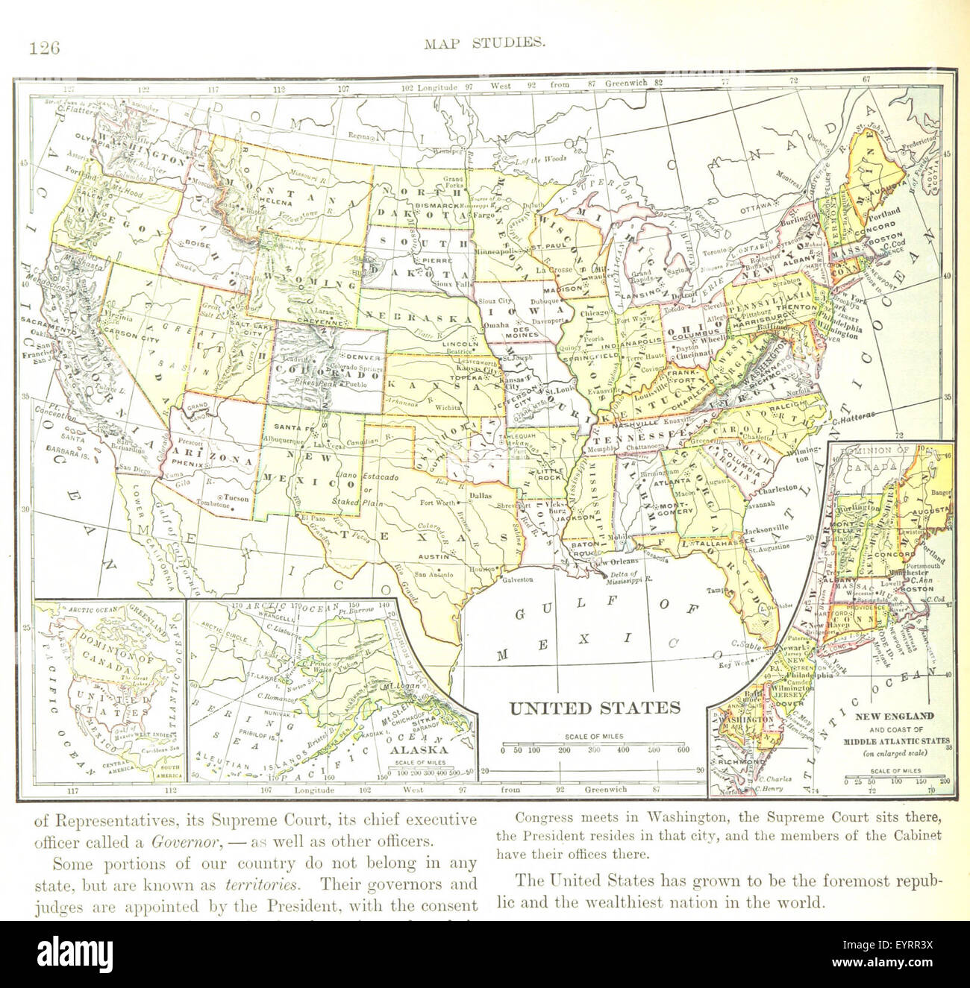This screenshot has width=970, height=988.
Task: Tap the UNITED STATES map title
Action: [x=594, y=707]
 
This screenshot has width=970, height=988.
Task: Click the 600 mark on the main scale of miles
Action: [x=682, y=750]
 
